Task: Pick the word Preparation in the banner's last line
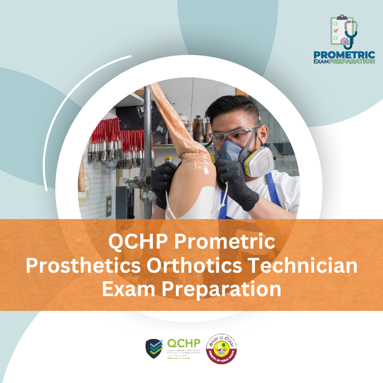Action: pos(222,289)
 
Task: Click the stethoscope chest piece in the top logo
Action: pos(344,41)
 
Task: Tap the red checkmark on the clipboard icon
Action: pos(335,30)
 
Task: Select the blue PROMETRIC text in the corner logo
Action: pos(344,55)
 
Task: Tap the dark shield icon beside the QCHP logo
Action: pos(154,348)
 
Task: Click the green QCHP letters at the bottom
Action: pos(183,343)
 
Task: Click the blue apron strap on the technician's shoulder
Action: pos(272,188)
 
